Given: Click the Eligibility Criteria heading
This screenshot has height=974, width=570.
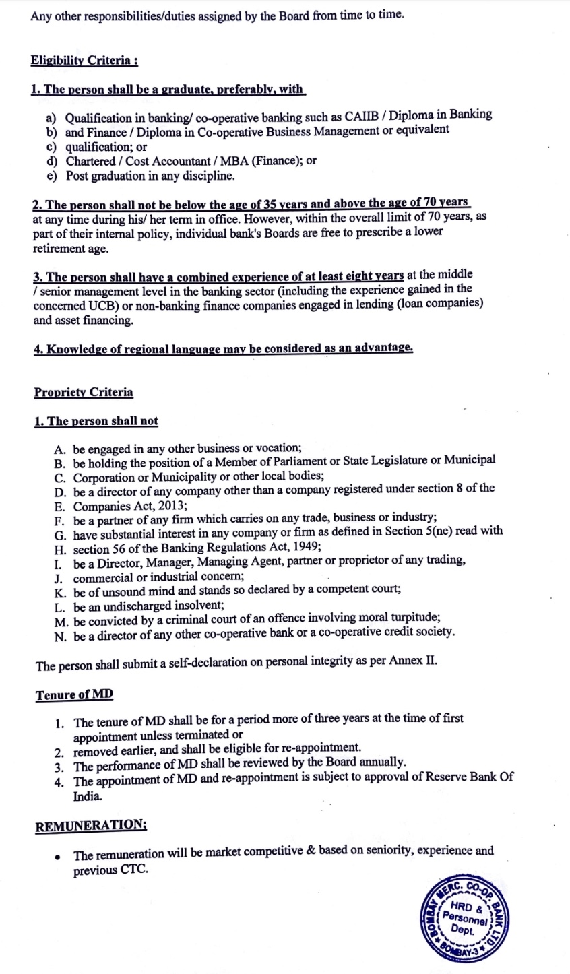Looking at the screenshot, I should coord(84,61).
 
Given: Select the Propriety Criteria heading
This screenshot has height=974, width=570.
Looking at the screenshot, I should coord(84,392).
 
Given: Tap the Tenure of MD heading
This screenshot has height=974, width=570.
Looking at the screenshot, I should coord(74,694).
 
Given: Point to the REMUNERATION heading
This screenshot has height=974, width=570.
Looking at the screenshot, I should coord(91,826).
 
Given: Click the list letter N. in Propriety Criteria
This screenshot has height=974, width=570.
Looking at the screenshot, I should coord(61,633).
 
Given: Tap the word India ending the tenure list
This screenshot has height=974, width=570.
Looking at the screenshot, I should coord(88,796).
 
